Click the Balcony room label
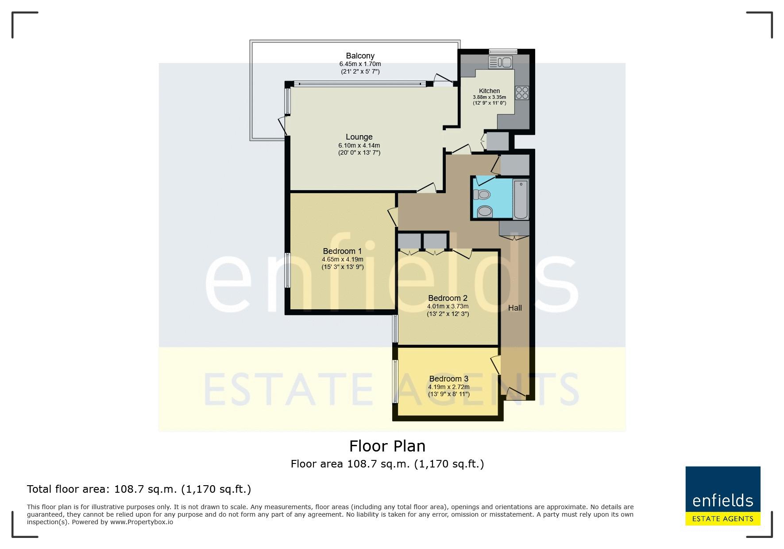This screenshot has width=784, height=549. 360,56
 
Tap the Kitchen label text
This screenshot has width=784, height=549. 489,91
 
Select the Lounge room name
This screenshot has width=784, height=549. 359,137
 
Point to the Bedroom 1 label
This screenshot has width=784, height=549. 342,251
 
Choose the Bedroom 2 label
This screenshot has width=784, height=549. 448,298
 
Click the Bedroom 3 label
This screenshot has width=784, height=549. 448,379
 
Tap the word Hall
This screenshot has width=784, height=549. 515,308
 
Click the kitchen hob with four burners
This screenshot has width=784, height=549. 522,92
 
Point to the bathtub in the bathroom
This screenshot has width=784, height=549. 521,199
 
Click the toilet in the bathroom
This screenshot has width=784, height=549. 481,195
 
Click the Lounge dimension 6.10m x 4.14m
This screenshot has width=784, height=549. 359,145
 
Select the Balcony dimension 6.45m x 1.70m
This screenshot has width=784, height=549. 360,64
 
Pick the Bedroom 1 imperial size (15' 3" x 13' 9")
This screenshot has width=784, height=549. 343,267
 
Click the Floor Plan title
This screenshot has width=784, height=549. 387,446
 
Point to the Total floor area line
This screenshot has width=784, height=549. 139,489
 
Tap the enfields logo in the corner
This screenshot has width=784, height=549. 723,496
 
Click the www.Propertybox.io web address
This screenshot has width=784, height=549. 142,522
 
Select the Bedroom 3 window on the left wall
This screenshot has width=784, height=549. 395,381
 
